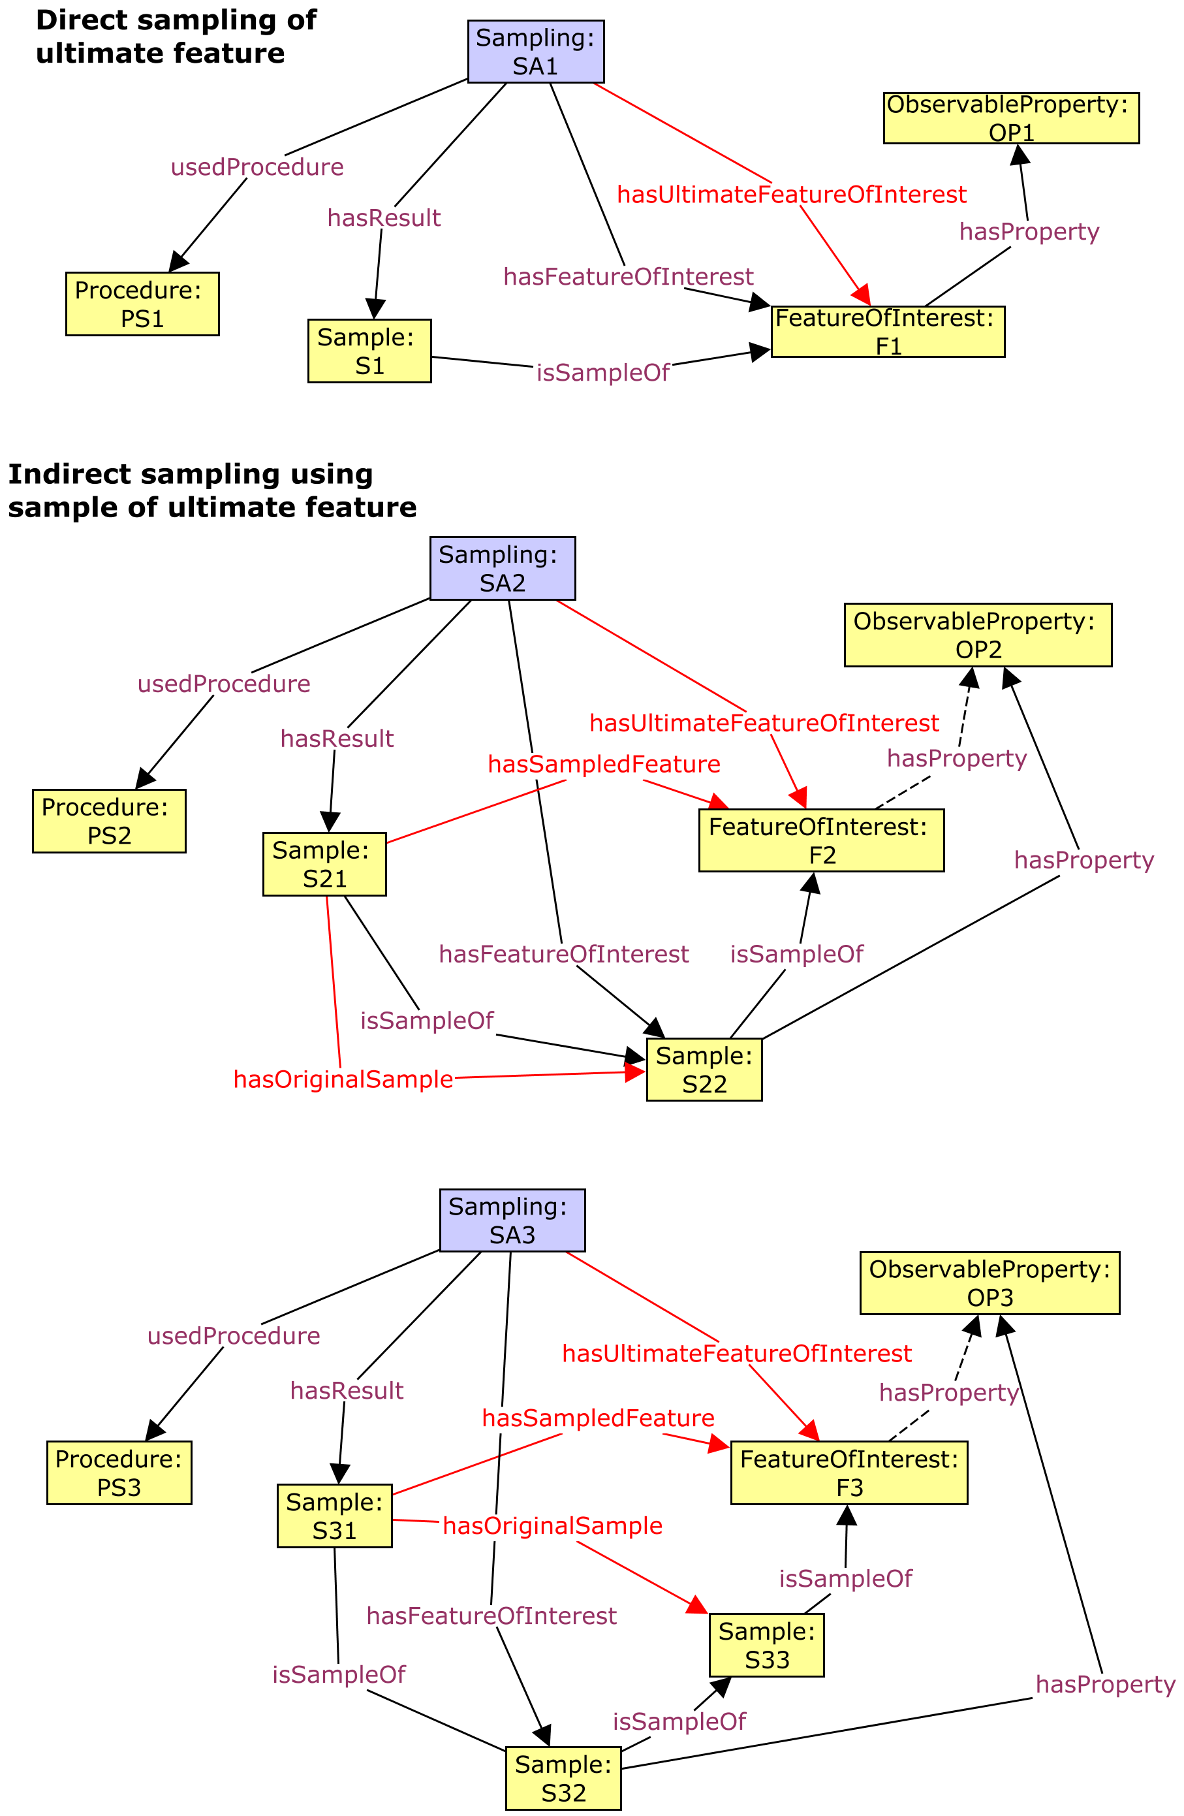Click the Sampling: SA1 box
[x=536, y=51]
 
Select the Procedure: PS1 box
[x=142, y=304]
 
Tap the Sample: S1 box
[x=369, y=351]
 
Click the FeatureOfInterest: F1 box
[x=887, y=332]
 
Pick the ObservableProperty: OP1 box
[x=1011, y=118]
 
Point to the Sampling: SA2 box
[x=502, y=569]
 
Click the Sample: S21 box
[x=324, y=864]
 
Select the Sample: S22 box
[x=704, y=1070]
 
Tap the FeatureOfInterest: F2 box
[x=821, y=841]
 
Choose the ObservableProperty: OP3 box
[x=989, y=1283]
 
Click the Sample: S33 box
[x=766, y=1645]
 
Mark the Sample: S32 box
[x=563, y=1778]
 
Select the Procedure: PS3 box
[x=119, y=1473]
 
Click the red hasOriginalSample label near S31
[x=552, y=1525]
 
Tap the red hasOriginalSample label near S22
[x=343, y=1079]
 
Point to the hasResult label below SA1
[x=384, y=218]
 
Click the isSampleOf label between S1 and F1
[x=602, y=372]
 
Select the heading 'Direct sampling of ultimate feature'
[x=176, y=37]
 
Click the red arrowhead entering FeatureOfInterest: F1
[x=863, y=295]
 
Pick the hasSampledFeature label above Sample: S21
[x=604, y=764]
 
